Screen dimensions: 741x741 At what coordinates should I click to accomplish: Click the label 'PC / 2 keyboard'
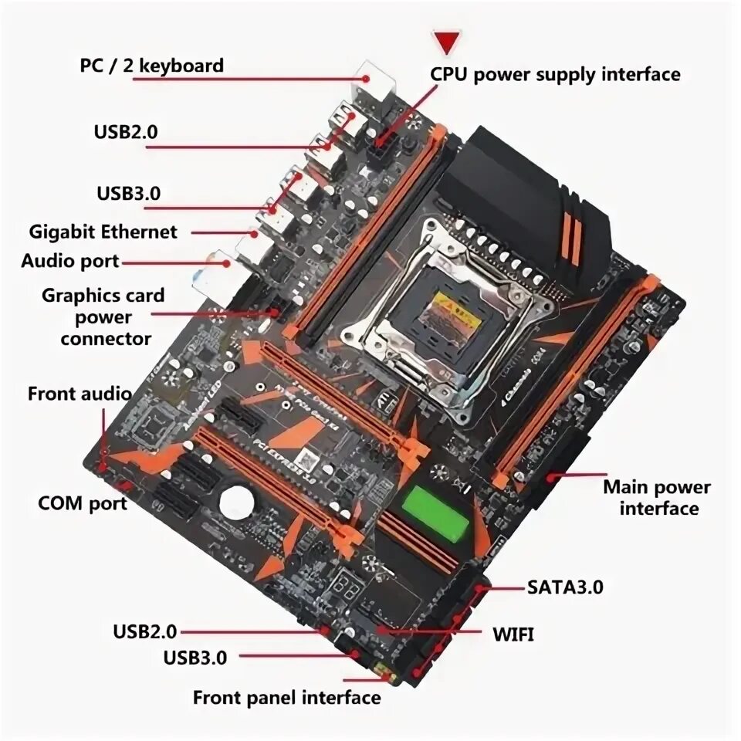(152, 65)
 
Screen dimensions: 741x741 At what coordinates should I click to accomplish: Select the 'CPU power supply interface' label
(555, 74)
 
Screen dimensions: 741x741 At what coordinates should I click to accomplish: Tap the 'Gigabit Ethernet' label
(103, 231)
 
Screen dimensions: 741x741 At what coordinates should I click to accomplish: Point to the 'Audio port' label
(70, 261)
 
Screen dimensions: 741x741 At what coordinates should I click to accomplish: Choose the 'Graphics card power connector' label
(103, 316)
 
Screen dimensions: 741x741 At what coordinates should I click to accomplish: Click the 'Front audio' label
(80, 394)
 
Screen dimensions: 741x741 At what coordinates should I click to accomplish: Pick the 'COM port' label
(83, 503)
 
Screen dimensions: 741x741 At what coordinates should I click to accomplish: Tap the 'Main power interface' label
(657, 498)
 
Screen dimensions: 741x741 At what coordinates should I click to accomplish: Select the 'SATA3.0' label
(565, 587)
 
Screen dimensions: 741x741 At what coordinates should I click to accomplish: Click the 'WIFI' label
(513, 634)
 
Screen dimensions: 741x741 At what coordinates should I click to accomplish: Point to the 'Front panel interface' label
(286, 698)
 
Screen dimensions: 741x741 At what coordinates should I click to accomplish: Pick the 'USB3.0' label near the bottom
(195, 658)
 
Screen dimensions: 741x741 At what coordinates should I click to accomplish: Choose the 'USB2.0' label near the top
(126, 131)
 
